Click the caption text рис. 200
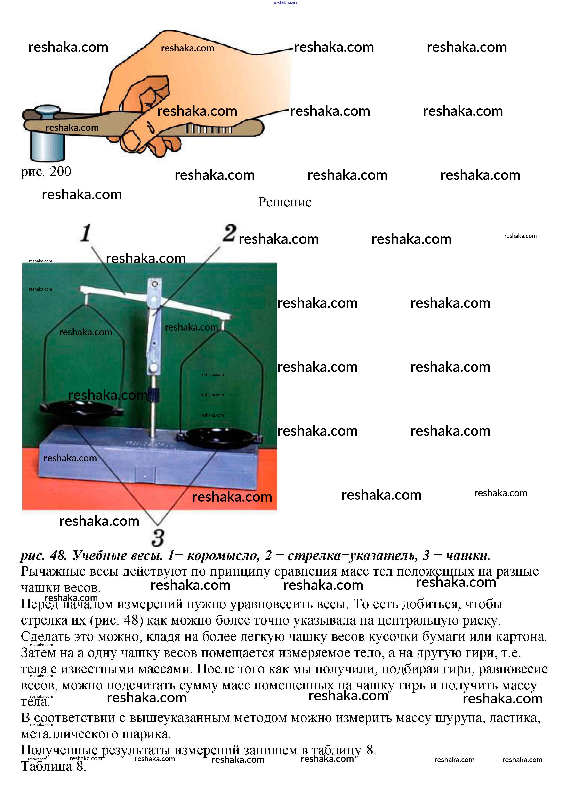click(46, 171)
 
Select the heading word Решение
click(284, 202)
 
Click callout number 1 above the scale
click(86, 233)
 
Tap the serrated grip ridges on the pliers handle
click(208, 129)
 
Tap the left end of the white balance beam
click(84, 289)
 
